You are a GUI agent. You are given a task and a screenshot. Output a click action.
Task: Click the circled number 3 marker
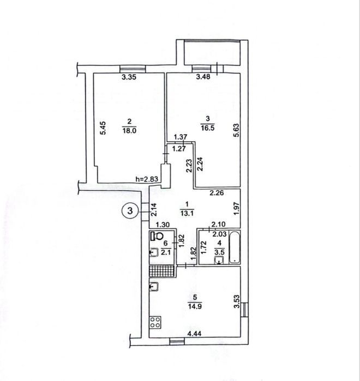(130, 211)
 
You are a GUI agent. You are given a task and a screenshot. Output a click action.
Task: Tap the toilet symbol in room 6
(157, 235)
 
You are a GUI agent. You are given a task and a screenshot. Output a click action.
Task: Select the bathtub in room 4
(235, 247)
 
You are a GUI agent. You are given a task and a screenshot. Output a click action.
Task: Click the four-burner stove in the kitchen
(155, 323)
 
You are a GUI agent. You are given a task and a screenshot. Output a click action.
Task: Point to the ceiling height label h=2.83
(147, 179)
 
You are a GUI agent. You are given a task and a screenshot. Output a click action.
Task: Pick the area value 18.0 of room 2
(130, 130)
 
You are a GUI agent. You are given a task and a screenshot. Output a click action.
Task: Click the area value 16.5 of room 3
(207, 128)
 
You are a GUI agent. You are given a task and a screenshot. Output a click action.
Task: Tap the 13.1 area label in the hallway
(187, 213)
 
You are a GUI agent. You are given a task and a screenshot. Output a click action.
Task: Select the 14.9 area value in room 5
(194, 306)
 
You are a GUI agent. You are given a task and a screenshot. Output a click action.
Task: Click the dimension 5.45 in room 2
(103, 128)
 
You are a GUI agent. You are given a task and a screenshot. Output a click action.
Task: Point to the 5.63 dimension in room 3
(236, 131)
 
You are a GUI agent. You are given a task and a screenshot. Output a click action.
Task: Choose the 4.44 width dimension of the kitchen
(194, 334)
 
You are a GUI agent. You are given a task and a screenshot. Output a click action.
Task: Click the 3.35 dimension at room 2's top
(129, 77)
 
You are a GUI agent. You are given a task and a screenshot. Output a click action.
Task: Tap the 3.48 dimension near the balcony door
(203, 77)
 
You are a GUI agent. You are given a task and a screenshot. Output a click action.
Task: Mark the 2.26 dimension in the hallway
(217, 193)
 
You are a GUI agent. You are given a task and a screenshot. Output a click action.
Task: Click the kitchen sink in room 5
(154, 287)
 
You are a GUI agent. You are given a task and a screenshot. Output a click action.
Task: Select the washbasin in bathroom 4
(219, 260)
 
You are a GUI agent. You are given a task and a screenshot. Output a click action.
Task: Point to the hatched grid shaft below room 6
(162, 271)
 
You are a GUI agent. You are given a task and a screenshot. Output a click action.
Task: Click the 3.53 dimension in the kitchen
(236, 301)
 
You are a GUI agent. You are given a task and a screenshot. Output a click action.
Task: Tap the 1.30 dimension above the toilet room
(163, 225)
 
